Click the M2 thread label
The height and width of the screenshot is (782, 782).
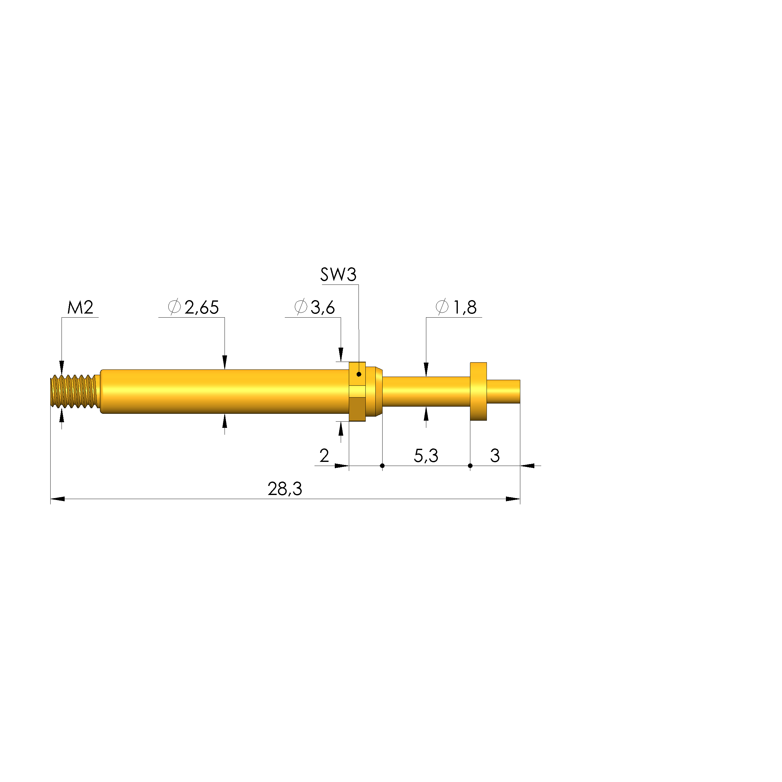(x=80, y=308)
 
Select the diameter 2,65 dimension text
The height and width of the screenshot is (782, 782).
(x=201, y=308)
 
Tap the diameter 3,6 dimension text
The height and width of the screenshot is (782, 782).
(x=322, y=308)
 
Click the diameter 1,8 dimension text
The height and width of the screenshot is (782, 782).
(x=464, y=308)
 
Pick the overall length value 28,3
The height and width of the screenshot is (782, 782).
(x=285, y=489)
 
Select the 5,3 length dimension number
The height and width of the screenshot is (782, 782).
(x=426, y=456)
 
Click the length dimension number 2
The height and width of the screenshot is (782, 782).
(x=324, y=456)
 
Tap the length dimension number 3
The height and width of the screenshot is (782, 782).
(x=495, y=456)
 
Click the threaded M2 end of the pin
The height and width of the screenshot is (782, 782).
(x=74, y=391)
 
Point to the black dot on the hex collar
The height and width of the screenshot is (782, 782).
(x=359, y=374)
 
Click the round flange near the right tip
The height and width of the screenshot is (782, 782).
(x=478, y=391)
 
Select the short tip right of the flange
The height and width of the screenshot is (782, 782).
(x=503, y=391)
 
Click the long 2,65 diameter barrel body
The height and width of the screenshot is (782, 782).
(x=225, y=391)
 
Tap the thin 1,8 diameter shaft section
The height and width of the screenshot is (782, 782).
(x=426, y=391)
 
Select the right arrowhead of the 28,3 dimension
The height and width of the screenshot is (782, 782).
(x=513, y=499)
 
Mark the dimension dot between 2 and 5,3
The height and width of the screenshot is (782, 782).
(x=382, y=466)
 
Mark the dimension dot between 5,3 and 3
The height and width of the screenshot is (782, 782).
(x=470, y=466)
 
